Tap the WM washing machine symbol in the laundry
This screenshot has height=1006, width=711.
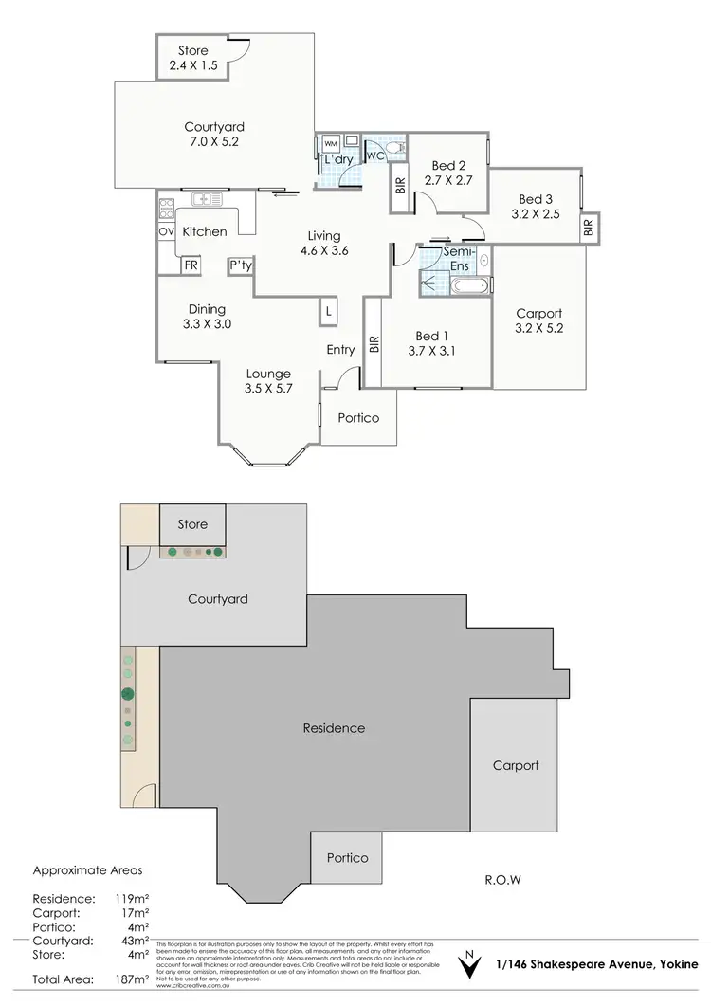331,143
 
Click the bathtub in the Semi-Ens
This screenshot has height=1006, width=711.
469,285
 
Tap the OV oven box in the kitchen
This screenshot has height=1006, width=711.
166,231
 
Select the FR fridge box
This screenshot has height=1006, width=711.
191,265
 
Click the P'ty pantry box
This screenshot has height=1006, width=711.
240,266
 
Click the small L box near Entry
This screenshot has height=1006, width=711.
328,311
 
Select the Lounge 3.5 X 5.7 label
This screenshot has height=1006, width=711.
268,381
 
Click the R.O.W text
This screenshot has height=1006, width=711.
501,879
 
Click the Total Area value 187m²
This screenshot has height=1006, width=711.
132,979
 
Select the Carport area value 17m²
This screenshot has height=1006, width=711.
131,913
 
